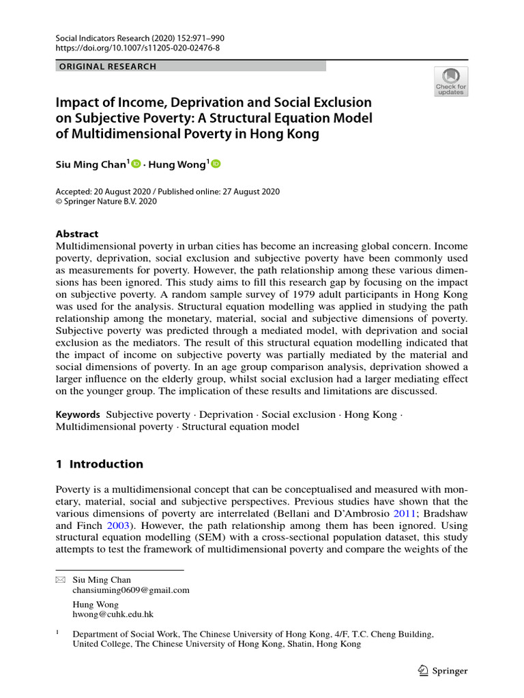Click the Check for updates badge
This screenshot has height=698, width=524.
451,81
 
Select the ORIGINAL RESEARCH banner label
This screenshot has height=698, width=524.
108,67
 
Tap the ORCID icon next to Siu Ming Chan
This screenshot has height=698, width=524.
135,164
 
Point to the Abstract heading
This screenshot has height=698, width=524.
77,234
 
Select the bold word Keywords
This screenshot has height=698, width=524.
77,414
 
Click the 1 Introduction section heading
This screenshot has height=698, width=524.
100,464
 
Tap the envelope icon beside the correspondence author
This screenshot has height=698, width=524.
59,579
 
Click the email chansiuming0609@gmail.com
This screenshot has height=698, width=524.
131,590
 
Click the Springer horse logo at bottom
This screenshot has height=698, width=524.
422,671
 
